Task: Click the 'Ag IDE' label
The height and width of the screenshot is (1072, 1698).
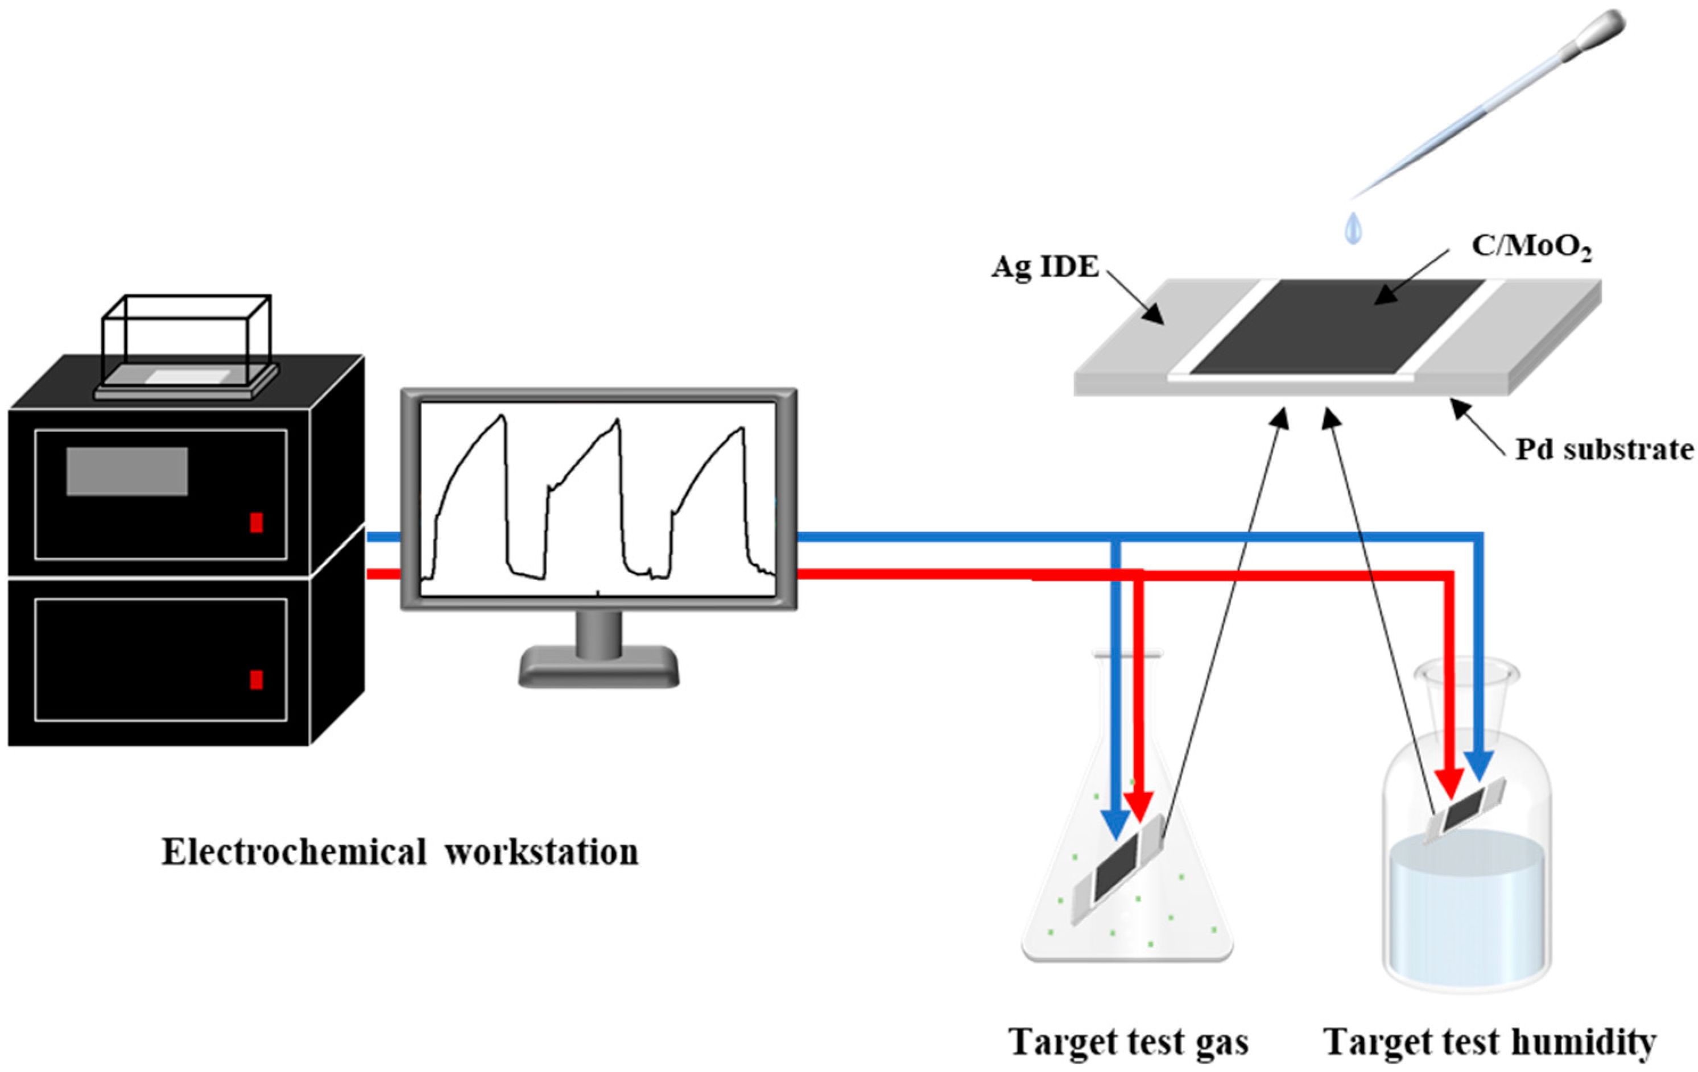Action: [x=1045, y=267]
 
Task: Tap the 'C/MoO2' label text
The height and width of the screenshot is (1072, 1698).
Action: [x=1531, y=247]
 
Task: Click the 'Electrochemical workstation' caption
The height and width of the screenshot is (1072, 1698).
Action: [x=400, y=852]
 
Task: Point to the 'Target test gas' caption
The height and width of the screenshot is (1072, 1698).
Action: [x=1128, y=1042]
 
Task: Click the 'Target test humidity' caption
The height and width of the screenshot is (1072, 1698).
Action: [x=1490, y=1042]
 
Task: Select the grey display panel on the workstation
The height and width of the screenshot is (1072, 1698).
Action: [x=127, y=471]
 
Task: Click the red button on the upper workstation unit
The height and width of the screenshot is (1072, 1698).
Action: [x=257, y=522]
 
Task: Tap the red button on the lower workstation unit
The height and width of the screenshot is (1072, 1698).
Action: [x=257, y=679]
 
